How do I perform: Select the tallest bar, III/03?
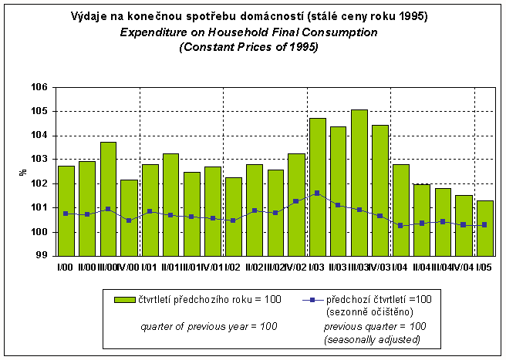tap(359, 182)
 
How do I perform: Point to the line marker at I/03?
tap(317, 193)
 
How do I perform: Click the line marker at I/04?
tap(401, 225)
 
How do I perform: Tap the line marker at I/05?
tap(484, 225)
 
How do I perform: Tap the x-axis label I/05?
tap(484, 267)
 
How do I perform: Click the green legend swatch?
tap(123, 299)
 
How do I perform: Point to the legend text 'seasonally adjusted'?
tap(373, 340)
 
